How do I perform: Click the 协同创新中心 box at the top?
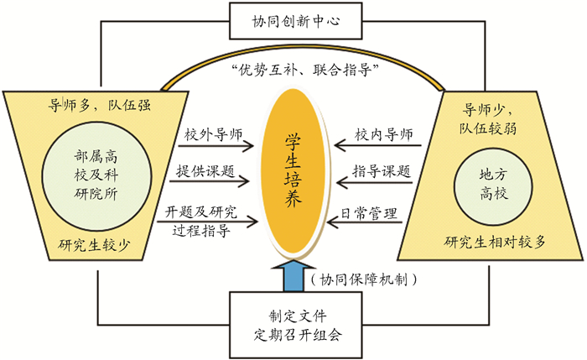(293, 19)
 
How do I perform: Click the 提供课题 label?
(206, 172)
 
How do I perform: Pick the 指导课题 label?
(382, 171)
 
